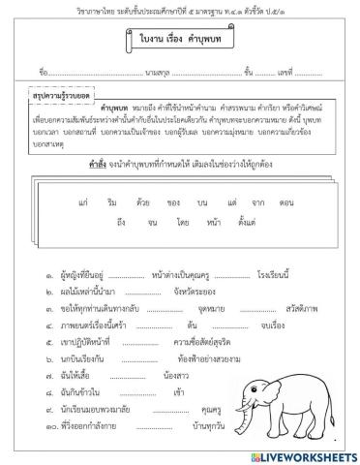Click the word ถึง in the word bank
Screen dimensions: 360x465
[x=121, y=224]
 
